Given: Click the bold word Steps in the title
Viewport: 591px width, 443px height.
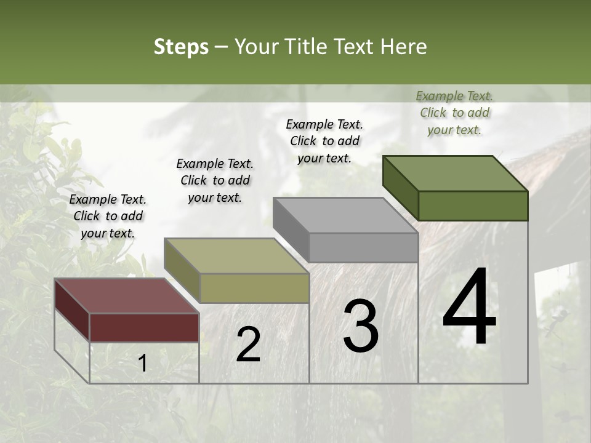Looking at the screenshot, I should [181, 47].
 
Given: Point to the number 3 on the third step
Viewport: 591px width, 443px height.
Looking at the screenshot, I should [361, 327].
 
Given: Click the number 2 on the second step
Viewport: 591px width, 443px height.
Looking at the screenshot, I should [248, 345].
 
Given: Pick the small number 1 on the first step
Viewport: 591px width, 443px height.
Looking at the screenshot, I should [143, 364].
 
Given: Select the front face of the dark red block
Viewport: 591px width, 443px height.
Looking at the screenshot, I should [144, 327].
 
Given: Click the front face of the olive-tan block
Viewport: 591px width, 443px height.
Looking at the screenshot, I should [254, 288].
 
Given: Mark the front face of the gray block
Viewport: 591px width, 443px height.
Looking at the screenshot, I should [363, 247].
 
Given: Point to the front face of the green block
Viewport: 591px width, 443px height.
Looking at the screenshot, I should [473, 206].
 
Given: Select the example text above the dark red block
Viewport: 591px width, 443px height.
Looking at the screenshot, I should [108, 217].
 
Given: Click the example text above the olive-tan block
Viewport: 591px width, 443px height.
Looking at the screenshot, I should [215, 180].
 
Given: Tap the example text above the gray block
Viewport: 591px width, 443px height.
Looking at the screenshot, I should [324, 141].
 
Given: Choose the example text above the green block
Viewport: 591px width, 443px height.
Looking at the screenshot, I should [454, 113].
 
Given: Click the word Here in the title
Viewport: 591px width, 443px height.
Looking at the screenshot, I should [403, 47].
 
